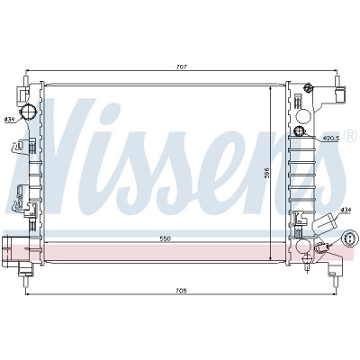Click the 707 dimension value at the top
(181, 67)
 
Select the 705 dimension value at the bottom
(181, 291)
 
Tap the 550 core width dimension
(165, 238)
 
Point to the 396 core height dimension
(267, 174)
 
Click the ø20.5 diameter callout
(331, 139)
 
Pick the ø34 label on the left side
(10, 119)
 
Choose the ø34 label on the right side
(346, 210)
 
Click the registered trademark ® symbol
(351, 136)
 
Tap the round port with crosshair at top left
(27, 112)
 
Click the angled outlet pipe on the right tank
(325, 224)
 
